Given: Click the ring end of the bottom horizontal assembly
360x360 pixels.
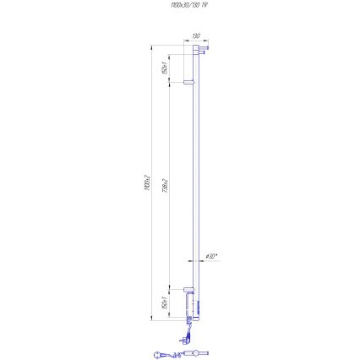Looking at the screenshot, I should coord(157,355).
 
